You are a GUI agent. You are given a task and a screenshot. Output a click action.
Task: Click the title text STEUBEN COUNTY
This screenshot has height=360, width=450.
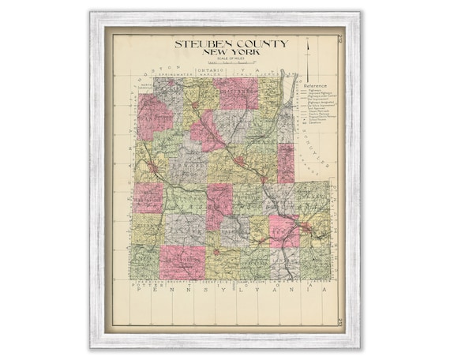231,43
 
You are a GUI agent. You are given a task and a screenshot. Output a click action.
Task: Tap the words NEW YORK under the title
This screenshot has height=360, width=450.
231,52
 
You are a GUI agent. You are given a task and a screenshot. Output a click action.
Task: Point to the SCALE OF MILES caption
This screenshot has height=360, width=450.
231,58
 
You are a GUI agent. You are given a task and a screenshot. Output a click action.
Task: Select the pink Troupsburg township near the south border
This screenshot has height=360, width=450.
182,261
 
